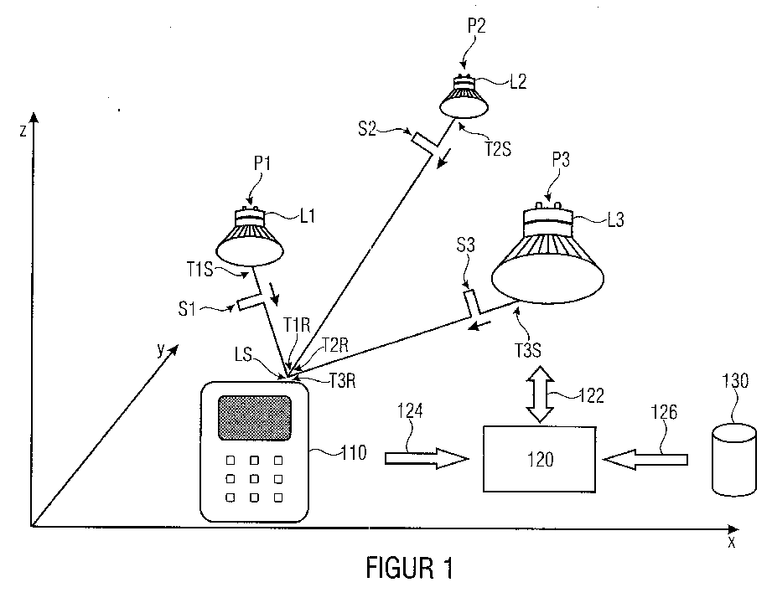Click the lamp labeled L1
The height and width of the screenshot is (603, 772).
click(x=249, y=237)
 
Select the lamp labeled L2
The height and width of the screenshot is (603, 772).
click(x=463, y=97)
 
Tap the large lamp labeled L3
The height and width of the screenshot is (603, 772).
click(x=548, y=258)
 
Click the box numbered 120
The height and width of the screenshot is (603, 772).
click(x=541, y=458)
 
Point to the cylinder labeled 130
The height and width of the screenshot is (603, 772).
click(x=733, y=461)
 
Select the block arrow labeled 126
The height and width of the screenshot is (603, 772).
click(x=645, y=458)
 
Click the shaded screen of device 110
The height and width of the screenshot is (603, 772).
click(x=255, y=416)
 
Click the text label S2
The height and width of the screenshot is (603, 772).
click(x=369, y=128)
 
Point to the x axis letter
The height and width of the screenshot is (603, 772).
click(x=732, y=542)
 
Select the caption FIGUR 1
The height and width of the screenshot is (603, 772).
click(x=410, y=569)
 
